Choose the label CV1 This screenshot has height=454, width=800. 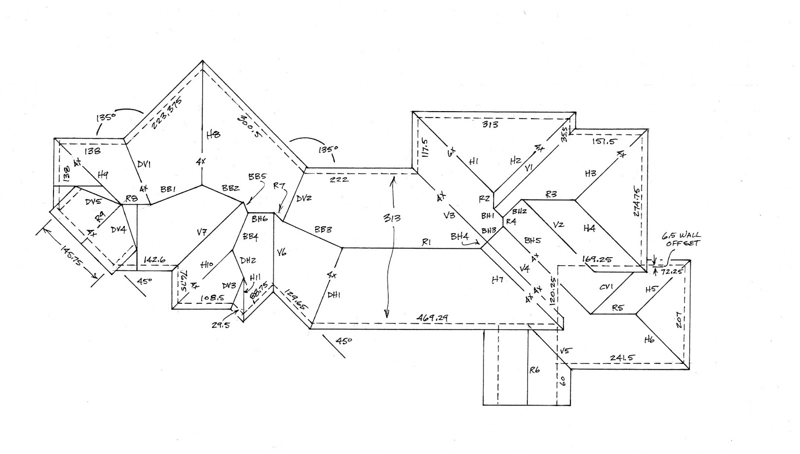click(606, 287)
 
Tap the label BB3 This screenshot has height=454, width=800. click(323, 230)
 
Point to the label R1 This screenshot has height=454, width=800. click(426, 242)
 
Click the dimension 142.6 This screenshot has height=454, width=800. click(154, 260)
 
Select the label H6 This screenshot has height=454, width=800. click(649, 339)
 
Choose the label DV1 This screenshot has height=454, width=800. click(144, 164)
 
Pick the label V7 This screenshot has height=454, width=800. click(201, 232)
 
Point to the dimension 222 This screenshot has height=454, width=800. click(339, 179)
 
